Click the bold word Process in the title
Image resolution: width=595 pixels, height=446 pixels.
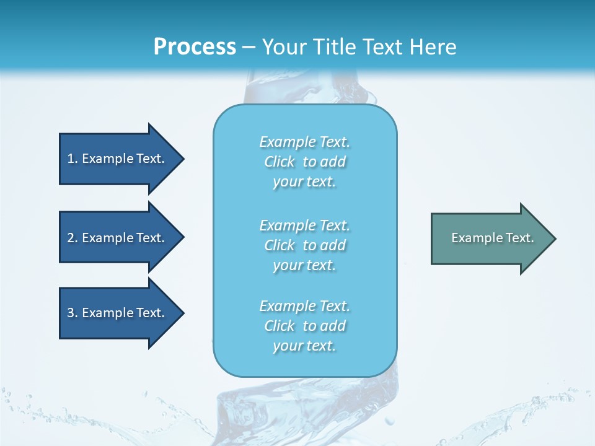pos(195,46)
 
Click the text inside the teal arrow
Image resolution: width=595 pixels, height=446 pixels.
pos(492,238)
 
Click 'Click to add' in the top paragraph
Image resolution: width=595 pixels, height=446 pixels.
pos(304,162)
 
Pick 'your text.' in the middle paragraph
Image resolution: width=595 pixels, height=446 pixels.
pos(304,265)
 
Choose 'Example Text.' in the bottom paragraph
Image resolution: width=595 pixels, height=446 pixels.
pos(304,306)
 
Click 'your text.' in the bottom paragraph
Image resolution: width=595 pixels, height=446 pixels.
pos(304,346)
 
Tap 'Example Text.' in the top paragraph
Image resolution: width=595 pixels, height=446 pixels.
pos(304,142)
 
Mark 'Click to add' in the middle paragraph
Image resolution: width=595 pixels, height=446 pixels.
pos(304,245)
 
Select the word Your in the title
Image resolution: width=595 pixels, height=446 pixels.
pos(284,46)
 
